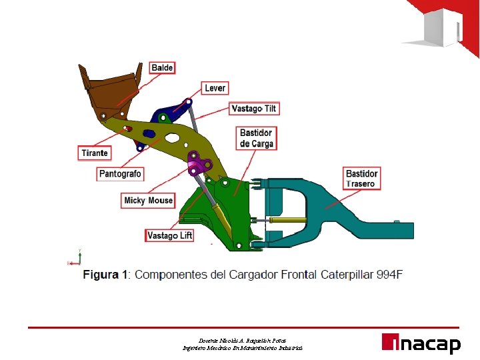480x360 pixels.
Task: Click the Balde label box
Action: point(162,67)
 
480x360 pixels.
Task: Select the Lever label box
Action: point(215,88)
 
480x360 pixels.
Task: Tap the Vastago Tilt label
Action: point(254,108)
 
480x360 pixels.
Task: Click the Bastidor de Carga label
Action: point(257,138)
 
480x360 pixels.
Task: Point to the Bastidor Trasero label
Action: point(362,179)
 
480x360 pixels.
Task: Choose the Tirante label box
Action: point(94,153)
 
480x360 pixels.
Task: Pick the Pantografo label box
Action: point(120,173)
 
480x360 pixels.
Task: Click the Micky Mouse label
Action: point(148,200)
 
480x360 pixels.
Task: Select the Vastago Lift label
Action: point(169,235)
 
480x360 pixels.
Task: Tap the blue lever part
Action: point(168,114)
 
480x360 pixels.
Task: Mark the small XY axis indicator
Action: point(74,258)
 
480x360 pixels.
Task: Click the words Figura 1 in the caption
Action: point(104,274)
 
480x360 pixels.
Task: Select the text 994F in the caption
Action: point(388,274)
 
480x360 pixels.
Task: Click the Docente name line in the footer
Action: point(243,340)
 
